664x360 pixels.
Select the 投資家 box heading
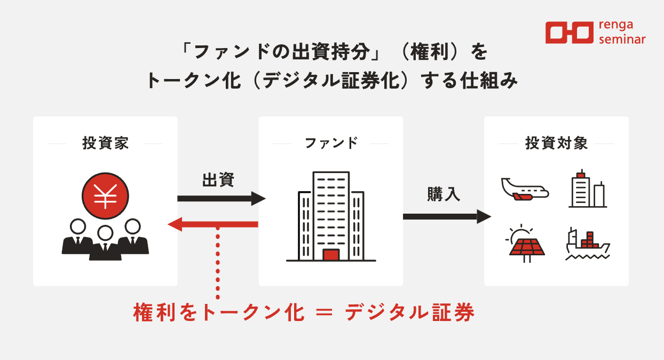point(105,144)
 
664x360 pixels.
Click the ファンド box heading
point(331,144)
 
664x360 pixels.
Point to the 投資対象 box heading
point(556,144)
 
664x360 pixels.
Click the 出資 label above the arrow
point(218,179)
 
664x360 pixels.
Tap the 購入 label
point(444,194)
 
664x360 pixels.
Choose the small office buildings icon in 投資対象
point(587,189)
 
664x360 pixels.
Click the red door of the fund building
point(331,255)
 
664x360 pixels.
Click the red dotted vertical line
point(218,262)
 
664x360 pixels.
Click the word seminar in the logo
point(622,39)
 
